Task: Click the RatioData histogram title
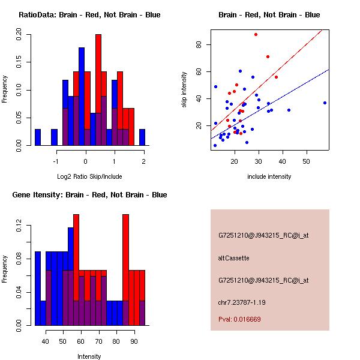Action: coord(89,14)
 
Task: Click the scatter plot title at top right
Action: coord(269,14)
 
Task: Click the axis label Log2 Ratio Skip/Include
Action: coord(89,176)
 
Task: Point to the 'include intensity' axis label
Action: coord(269,176)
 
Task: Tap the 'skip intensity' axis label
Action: coord(184,90)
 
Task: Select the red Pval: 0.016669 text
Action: coord(239,319)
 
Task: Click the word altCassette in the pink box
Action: coord(233,258)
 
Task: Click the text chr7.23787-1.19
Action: coord(242,302)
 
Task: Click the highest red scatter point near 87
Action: coord(256,34)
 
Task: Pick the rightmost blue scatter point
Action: coord(325,103)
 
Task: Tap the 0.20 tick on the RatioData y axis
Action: coord(19,35)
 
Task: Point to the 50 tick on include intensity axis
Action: coord(306,162)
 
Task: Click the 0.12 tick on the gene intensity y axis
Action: coord(19,229)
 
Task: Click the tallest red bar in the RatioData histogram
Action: coord(98,90)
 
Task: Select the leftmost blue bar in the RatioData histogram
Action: coord(38,137)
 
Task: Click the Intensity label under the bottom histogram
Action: coord(89,356)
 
